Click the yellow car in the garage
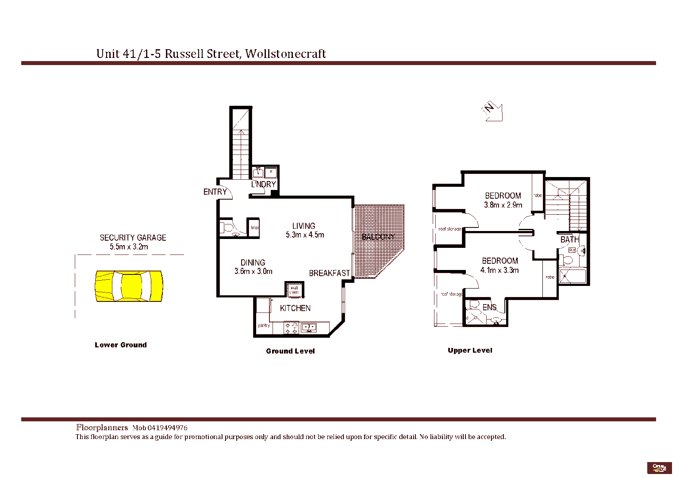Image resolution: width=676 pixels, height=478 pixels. (x=129, y=286)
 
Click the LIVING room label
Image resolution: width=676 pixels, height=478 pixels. (x=303, y=226)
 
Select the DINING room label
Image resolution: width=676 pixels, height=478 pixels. (x=253, y=262)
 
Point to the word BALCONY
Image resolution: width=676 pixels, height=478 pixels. (x=378, y=237)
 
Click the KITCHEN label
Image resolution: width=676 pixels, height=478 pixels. (x=295, y=308)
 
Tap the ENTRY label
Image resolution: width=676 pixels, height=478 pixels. (x=215, y=192)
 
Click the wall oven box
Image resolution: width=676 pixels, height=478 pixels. (x=294, y=290)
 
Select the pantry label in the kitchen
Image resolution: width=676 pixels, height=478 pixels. (x=264, y=325)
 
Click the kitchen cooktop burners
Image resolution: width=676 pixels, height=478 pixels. (x=291, y=328)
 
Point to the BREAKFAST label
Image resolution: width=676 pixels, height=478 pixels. (x=329, y=273)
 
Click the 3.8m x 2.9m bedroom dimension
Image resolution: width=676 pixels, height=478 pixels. (x=503, y=205)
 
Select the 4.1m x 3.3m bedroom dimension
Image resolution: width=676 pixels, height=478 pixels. (x=499, y=270)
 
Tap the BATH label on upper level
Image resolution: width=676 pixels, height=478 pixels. (x=569, y=239)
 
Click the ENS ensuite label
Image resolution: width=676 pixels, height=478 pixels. (x=489, y=307)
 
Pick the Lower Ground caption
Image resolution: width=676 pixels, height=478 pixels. (x=120, y=345)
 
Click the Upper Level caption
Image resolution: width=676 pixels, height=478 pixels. (x=470, y=350)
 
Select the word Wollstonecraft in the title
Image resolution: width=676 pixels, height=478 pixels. (x=285, y=54)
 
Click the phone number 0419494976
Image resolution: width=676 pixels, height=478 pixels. (x=167, y=428)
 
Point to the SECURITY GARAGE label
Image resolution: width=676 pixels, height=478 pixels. (x=133, y=238)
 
